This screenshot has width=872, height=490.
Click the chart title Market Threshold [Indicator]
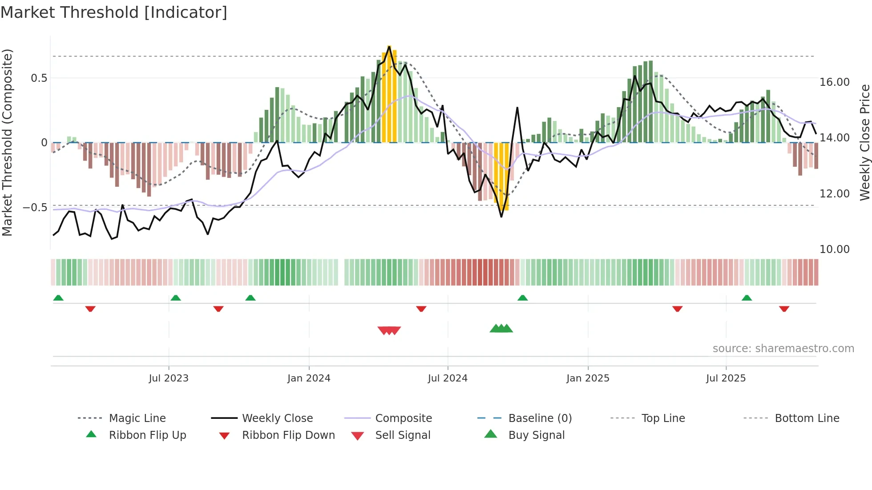click(114, 12)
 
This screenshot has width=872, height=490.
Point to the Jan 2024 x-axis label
click(309, 378)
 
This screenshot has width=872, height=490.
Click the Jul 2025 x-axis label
click(726, 378)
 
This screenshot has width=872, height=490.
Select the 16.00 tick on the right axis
click(834, 82)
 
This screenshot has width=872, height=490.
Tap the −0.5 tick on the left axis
click(35, 208)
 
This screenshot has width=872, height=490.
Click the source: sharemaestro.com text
click(783, 348)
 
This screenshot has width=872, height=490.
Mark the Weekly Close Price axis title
click(864, 142)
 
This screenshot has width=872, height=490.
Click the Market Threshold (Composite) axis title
click(7, 142)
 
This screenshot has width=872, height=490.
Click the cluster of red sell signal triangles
click(389, 330)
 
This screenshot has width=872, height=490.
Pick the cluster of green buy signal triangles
click(501, 329)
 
